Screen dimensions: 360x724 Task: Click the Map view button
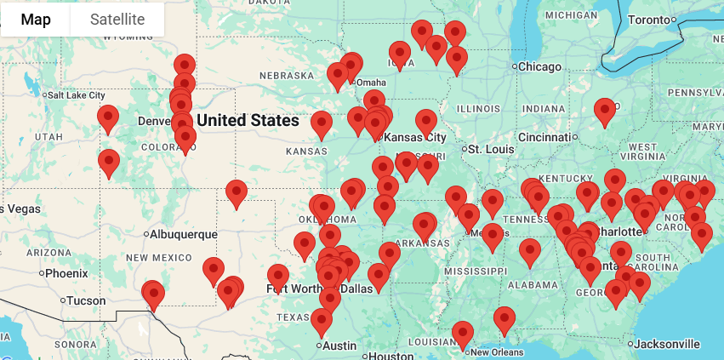(35, 20)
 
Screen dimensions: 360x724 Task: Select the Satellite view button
(117, 20)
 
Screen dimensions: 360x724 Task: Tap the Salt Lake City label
(77, 95)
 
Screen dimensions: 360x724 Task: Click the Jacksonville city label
(667, 344)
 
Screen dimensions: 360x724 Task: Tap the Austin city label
(339, 346)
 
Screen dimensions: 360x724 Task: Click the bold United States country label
(248, 121)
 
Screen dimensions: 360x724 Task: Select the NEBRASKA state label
(287, 76)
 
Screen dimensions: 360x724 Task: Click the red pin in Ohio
(605, 111)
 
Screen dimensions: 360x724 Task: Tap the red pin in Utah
(108, 118)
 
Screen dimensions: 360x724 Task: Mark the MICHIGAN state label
(571, 14)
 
